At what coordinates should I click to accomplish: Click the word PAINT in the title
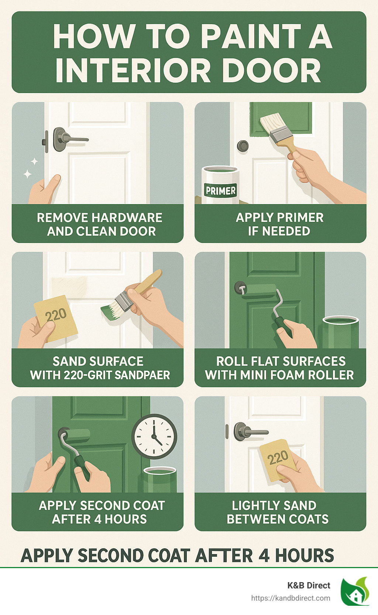coord(251,37)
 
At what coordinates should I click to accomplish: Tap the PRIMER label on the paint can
coord(220,190)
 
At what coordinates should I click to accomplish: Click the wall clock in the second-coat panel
coord(154,436)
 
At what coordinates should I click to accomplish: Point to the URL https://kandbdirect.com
coord(291,598)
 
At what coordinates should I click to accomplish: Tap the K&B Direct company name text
coord(309,585)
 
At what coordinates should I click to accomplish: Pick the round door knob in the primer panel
coord(243,146)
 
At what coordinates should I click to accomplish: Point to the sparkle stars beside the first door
coord(30,168)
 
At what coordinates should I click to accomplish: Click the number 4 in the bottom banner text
coord(264,556)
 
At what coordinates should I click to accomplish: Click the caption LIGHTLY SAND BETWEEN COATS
coord(277,512)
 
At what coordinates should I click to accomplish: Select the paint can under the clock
coord(159,479)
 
